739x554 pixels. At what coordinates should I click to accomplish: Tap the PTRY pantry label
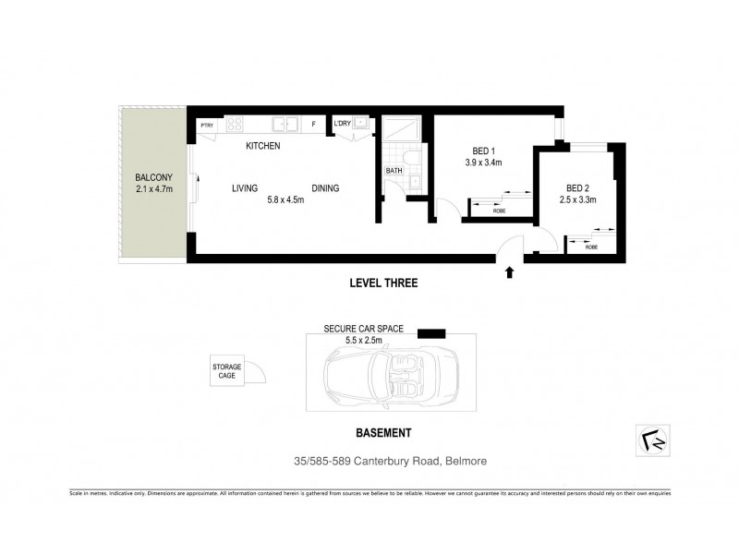[x=207, y=123]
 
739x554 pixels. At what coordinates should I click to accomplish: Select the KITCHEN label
[x=262, y=146]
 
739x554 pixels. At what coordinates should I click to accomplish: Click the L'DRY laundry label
[x=342, y=123]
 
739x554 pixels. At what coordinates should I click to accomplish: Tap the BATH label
[x=394, y=171]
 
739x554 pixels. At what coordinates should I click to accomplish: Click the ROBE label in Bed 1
[x=499, y=211]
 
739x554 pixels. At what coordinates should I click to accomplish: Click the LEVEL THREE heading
[x=383, y=285]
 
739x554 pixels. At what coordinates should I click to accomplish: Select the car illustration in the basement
[x=393, y=378]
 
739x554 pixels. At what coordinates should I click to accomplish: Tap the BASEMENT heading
[x=383, y=432]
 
